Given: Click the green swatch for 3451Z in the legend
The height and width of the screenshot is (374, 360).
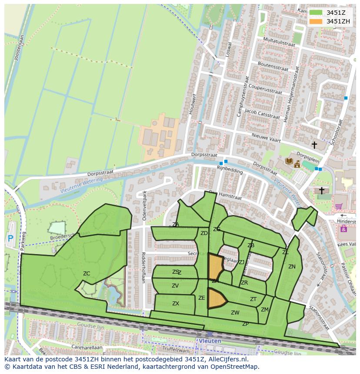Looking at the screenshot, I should pos(316,13).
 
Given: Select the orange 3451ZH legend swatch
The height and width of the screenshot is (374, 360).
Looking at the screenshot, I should pos(316,21).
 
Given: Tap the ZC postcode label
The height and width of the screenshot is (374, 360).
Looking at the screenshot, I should pos(87,274).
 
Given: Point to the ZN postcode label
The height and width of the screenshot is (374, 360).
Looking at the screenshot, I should pos(292,267).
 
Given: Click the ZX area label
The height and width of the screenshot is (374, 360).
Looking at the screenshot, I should pos(176,304).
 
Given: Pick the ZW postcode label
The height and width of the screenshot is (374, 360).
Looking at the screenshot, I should pos(235,313).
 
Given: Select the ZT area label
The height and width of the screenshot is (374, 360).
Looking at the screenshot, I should pos(253,299).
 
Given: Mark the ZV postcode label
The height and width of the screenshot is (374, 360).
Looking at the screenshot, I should pos(175,286).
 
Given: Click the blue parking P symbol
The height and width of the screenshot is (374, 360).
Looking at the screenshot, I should pos(10,238).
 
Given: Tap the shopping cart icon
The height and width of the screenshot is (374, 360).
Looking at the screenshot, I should pos(338,207).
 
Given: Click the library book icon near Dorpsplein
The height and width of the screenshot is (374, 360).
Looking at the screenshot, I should pos(289,161).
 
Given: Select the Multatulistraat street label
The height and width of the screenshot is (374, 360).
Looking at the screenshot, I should pos(280,43).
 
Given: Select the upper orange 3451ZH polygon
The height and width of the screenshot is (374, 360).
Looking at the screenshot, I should pos(215,267).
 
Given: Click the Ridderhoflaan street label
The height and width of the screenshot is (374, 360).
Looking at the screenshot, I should pos(143,268).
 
